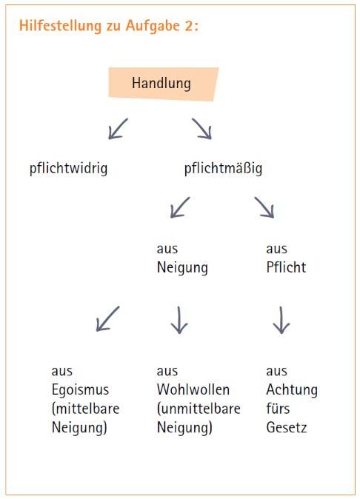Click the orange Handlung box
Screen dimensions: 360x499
tap(163, 84)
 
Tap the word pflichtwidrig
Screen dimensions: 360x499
tap(68, 169)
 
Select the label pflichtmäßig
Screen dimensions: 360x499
tap(223, 169)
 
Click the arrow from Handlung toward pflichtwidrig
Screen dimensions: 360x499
tap(118, 129)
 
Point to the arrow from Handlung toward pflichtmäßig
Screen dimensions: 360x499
tap(201, 129)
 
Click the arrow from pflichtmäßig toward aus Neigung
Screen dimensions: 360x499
tap(180, 207)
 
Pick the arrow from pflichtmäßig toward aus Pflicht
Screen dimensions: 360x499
tap(264, 207)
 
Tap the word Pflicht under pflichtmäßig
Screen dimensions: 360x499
tap(286, 267)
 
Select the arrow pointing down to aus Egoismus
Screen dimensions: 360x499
tap(108, 318)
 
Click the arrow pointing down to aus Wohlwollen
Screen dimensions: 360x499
tap(179, 320)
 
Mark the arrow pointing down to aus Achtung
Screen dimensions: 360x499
tap(281, 320)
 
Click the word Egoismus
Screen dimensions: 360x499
tap(80, 390)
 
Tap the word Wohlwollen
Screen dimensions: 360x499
tap(193, 389)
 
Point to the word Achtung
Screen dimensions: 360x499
tap(292, 390)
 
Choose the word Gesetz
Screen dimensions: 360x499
tap(287, 427)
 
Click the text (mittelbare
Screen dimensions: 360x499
tap(85, 409)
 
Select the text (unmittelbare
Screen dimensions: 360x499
tap(199, 409)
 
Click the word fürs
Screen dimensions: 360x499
tap(278, 408)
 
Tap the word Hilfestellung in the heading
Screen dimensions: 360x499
tap(60, 25)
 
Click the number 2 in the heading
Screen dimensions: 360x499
tap(188, 25)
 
